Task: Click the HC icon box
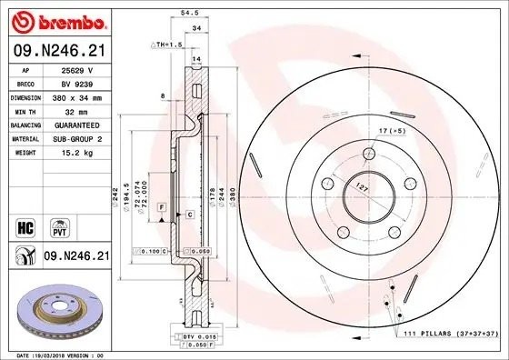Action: pos(25,225)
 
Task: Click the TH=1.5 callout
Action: pos(167,44)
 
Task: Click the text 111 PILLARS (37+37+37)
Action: pos(449,335)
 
